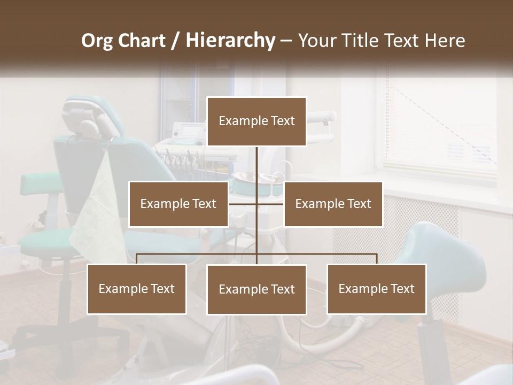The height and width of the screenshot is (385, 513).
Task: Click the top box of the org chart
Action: point(256,121)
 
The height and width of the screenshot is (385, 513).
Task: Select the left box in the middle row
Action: point(178,204)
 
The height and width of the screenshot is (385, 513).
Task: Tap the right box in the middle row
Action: point(333,204)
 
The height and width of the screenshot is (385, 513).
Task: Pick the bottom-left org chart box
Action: point(137,289)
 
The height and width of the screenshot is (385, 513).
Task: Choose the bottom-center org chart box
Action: point(256,289)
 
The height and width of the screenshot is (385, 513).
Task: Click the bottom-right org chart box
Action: point(377,289)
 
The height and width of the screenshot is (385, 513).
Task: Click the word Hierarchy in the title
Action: point(230,40)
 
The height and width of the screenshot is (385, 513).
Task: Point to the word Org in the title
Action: point(97,40)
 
